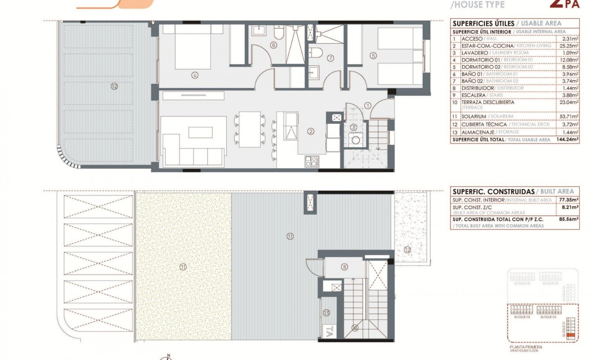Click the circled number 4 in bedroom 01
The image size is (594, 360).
click(x=195, y=75)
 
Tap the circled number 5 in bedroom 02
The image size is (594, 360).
click(x=373, y=56)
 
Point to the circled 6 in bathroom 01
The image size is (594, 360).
click(x=273, y=45)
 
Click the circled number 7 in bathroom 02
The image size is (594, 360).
click(x=330, y=58)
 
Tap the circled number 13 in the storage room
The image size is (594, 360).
click(x=326, y=312)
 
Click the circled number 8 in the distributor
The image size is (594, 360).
click(x=344, y=267)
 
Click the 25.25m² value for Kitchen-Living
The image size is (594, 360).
click(x=571, y=46)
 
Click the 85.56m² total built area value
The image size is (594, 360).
click(x=569, y=219)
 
